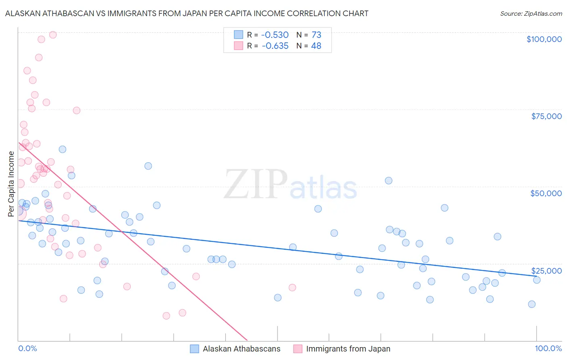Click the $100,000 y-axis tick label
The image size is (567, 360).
click(544, 39)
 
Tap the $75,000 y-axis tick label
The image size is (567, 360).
click(546, 116)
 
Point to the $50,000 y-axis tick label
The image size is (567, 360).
click(546, 193)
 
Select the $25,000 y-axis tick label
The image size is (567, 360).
click(546, 271)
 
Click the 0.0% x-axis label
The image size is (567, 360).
click(27, 348)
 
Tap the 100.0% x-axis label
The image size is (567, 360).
click(548, 348)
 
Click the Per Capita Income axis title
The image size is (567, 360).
click(11, 184)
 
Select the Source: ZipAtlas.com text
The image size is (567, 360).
click(531, 13)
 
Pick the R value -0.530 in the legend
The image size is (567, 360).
click(275, 35)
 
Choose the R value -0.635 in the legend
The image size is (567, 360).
click(275, 46)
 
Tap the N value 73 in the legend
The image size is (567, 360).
click(316, 35)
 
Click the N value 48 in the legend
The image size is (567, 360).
click(316, 46)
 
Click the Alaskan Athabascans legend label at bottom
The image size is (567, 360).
click(242, 349)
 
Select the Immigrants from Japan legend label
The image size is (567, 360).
click(348, 349)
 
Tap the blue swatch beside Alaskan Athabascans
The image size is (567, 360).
click(194, 349)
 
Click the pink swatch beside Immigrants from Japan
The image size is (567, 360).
click(298, 349)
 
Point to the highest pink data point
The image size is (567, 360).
click(53, 35)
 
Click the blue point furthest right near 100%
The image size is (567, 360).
click(536, 280)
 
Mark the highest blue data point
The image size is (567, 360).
click(63, 149)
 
